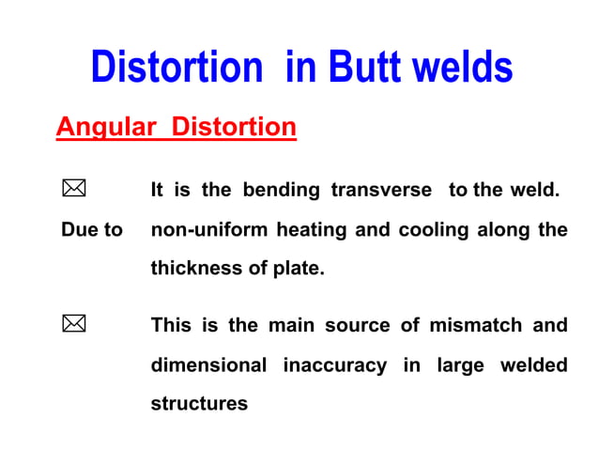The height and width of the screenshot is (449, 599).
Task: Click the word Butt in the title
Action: [366, 68]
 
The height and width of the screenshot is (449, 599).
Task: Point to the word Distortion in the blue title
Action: [177, 68]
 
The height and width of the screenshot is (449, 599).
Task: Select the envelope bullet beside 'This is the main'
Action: [73, 325]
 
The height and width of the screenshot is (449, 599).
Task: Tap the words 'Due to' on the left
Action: [91, 230]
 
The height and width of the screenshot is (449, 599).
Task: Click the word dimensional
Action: [208, 364]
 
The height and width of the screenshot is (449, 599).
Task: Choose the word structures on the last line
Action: [199, 404]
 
